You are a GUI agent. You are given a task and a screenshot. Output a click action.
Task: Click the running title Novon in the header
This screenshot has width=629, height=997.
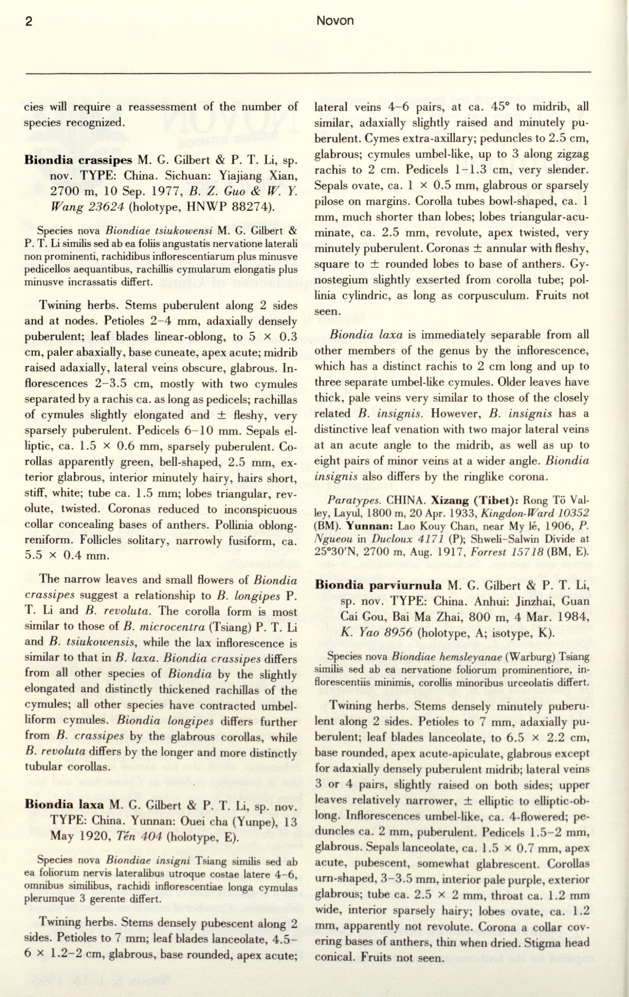click(x=335, y=21)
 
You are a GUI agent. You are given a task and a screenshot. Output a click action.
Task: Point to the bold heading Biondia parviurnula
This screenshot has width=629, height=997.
click(x=379, y=585)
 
